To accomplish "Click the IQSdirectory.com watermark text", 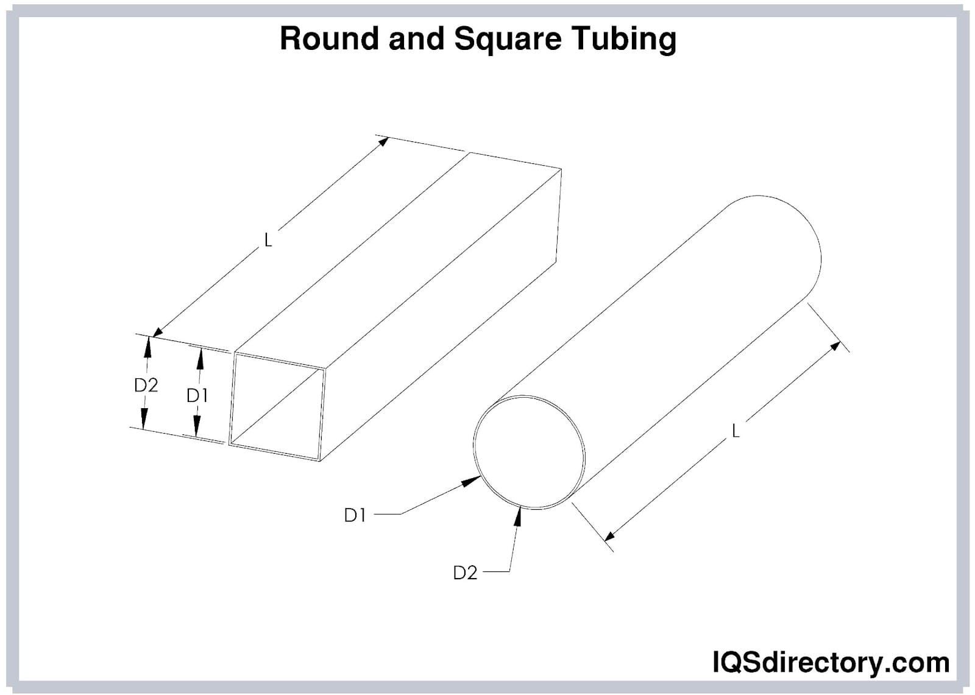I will click(830, 662).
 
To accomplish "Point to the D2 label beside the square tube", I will click(146, 385).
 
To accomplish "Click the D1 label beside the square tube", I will click(197, 396).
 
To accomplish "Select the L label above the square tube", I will click(268, 241).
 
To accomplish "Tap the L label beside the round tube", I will click(736, 431).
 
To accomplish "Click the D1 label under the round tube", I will click(355, 515).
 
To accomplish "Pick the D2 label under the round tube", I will click(465, 573).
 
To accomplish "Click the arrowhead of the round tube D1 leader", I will click(471, 481).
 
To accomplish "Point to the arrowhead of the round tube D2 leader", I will click(519, 515).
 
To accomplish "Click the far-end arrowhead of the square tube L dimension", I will click(383, 141).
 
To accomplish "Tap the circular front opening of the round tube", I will click(529, 452).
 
